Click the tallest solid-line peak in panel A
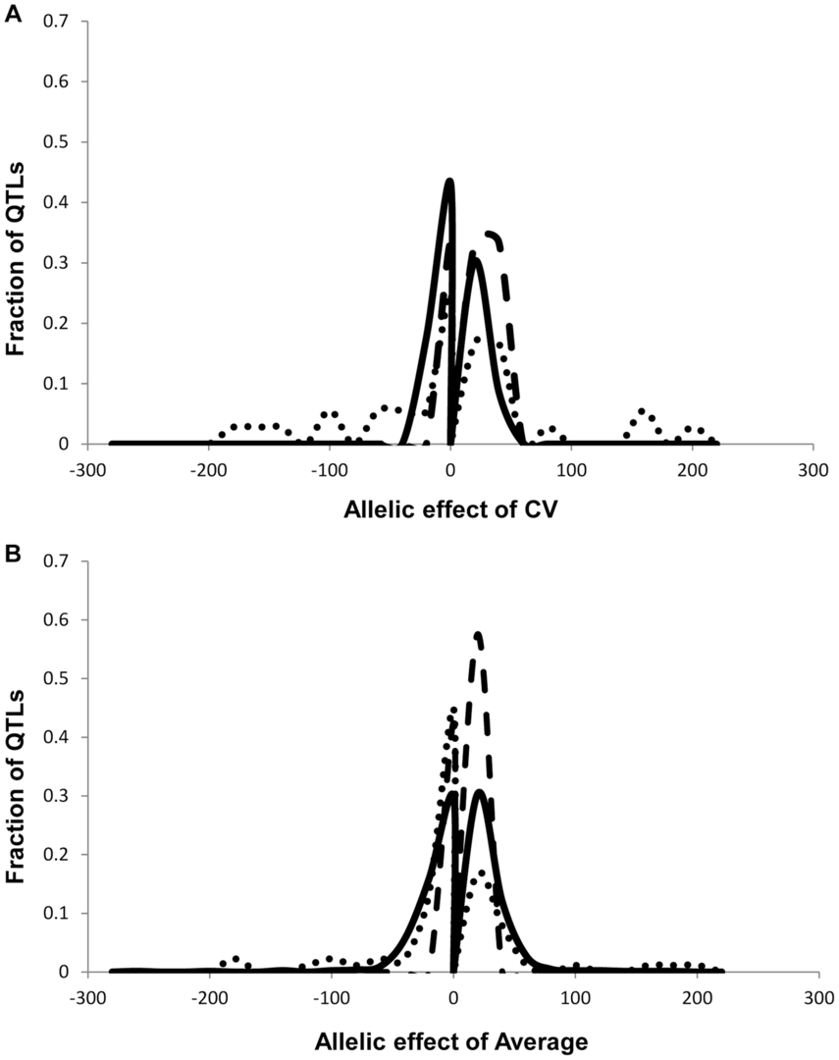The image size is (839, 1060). [449, 183]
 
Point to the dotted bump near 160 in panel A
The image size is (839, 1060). [642, 412]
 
